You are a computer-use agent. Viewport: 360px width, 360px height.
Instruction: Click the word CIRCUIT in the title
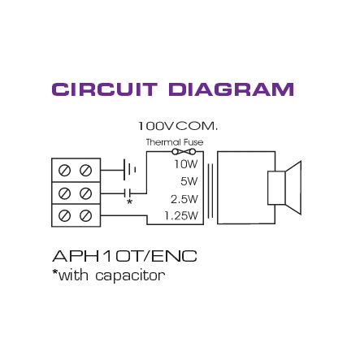(105, 89)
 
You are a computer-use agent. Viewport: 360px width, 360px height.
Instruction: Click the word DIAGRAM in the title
(232, 89)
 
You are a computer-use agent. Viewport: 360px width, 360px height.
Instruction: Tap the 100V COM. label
(178, 126)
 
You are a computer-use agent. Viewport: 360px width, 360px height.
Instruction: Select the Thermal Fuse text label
(175, 142)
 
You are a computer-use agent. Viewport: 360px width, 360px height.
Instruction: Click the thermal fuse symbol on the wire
(184, 151)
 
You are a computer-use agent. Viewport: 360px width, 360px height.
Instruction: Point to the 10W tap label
(186, 164)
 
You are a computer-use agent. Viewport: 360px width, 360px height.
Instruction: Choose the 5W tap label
(189, 181)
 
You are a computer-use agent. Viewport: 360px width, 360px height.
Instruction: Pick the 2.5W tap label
(184, 199)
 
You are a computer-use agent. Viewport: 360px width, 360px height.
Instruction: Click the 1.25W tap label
(181, 215)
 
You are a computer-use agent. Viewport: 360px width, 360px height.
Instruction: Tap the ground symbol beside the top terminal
(129, 170)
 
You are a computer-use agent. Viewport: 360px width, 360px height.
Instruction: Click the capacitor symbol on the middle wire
(127, 193)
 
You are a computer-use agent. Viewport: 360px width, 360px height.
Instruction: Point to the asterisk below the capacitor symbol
(130, 202)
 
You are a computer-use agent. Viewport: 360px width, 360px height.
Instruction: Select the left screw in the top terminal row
(64, 171)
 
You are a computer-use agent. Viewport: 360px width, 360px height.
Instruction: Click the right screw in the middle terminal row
(85, 193)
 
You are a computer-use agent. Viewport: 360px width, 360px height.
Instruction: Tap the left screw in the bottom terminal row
(64, 216)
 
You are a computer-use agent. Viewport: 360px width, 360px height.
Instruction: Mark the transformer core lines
(210, 191)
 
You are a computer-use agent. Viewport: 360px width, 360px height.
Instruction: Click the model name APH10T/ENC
(124, 256)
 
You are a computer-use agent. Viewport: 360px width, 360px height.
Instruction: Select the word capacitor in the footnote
(130, 276)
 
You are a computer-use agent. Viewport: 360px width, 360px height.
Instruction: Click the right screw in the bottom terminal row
(85, 216)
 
